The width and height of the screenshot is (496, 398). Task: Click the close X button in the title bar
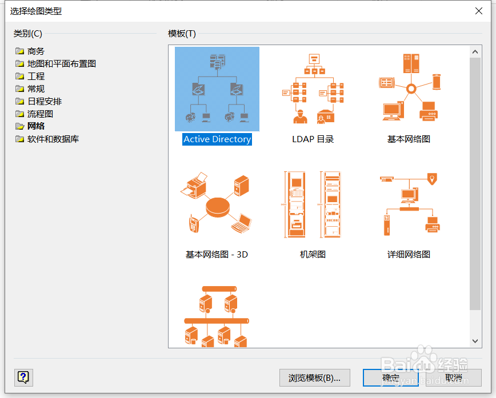tap(478, 10)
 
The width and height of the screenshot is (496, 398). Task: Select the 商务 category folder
tap(35, 51)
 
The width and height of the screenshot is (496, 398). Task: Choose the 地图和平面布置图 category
tap(61, 63)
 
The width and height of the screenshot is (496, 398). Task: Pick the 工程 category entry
tap(35, 76)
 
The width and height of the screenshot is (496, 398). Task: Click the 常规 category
tap(35, 89)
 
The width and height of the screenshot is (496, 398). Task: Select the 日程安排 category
tap(44, 101)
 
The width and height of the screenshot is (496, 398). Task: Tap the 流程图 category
tap(40, 114)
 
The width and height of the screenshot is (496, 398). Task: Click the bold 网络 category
tap(35, 126)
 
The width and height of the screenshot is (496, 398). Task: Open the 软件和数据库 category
tap(53, 139)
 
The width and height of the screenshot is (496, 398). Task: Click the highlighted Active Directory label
tap(217, 139)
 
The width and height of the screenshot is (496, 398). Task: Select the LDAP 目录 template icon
tap(313, 89)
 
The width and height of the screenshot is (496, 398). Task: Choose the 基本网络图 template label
tap(409, 139)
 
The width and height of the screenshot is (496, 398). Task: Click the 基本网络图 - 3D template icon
tap(217, 204)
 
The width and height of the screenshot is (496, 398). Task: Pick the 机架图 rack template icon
tap(313, 204)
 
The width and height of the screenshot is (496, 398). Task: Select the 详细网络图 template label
tap(409, 255)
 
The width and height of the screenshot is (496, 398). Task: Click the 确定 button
tap(391, 377)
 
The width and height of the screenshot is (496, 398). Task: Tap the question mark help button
tap(23, 377)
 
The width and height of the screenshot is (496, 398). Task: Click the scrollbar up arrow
tap(475, 52)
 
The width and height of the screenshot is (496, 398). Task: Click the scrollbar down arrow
tap(475, 341)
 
